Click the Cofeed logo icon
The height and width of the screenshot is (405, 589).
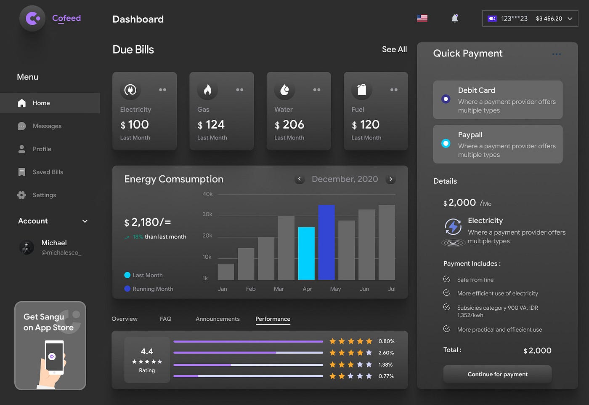tap(32, 19)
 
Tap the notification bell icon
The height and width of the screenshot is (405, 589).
tap(455, 18)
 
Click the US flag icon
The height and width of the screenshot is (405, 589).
tap(422, 18)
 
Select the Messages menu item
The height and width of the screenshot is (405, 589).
tap(47, 126)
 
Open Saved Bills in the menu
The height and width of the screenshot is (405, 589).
tap(48, 172)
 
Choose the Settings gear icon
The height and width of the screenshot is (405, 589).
tap(21, 195)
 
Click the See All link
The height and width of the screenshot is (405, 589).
tap(394, 49)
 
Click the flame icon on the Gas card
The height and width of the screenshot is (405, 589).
tap(207, 90)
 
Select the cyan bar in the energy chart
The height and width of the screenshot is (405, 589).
tap(306, 253)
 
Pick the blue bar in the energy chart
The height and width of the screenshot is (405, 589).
tap(326, 242)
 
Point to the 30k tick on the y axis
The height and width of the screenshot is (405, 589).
tap(207, 214)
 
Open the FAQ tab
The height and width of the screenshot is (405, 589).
tap(165, 319)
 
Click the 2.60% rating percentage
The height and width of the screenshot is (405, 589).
tap(386, 353)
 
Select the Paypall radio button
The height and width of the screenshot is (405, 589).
tap(446, 143)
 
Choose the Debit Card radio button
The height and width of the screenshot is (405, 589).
tap(446, 99)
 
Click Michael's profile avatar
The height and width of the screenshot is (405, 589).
tap(27, 247)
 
